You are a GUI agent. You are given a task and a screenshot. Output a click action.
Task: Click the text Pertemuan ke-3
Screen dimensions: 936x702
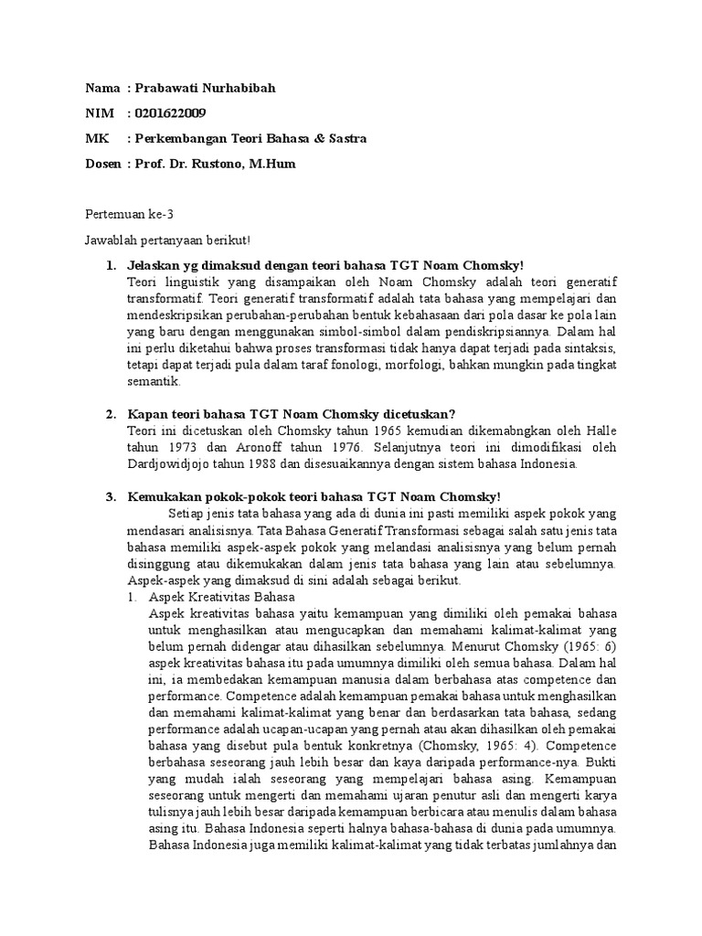(x=129, y=215)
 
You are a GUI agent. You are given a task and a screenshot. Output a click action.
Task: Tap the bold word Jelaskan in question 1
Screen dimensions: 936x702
(x=157, y=265)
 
